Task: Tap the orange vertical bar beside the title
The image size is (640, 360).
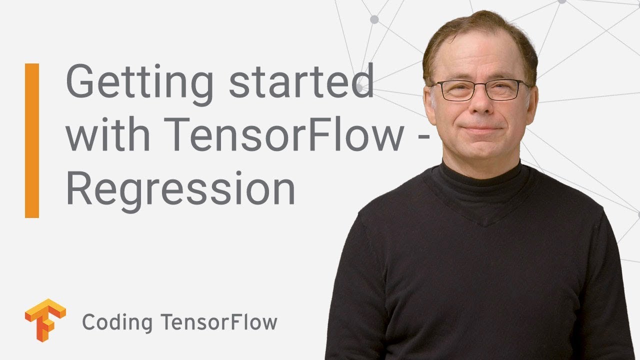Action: click(x=32, y=140)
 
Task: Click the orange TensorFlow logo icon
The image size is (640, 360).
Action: click(x=45, y=320)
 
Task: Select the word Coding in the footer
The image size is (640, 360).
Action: click(x=117, y=322)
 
